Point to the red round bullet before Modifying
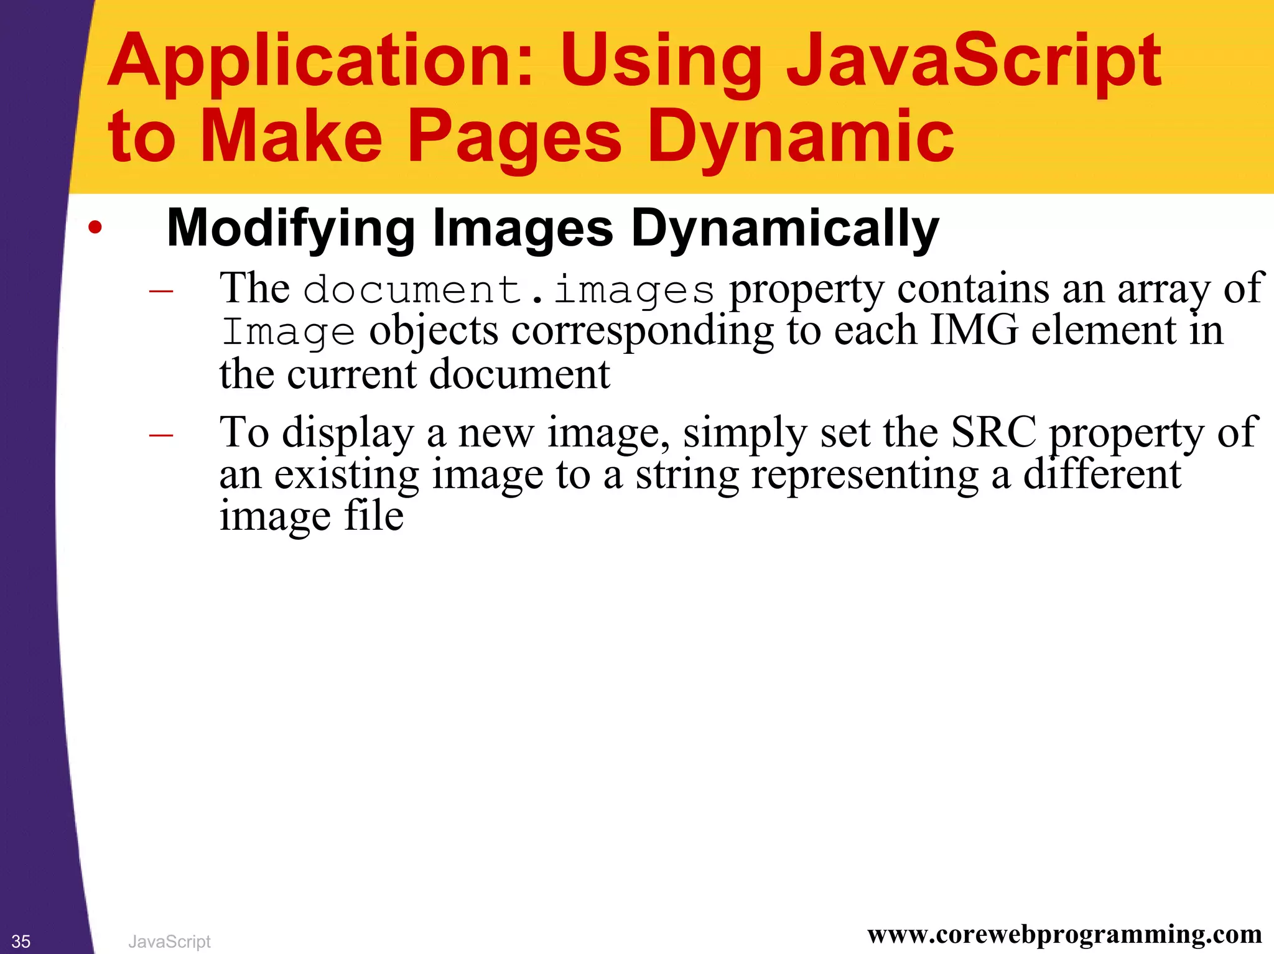point(95,228)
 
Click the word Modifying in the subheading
point(291,229)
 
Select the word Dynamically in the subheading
point(784,229)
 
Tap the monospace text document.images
point(508,290)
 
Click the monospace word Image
point(288,331)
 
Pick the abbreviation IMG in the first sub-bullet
point(974,330)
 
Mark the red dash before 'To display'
point(161,434)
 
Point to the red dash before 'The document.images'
point(161,290)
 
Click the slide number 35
point(21,942)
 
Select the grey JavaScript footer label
point(169,942)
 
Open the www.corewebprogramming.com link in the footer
point(1064,935)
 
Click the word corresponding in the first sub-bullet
point(643,331)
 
